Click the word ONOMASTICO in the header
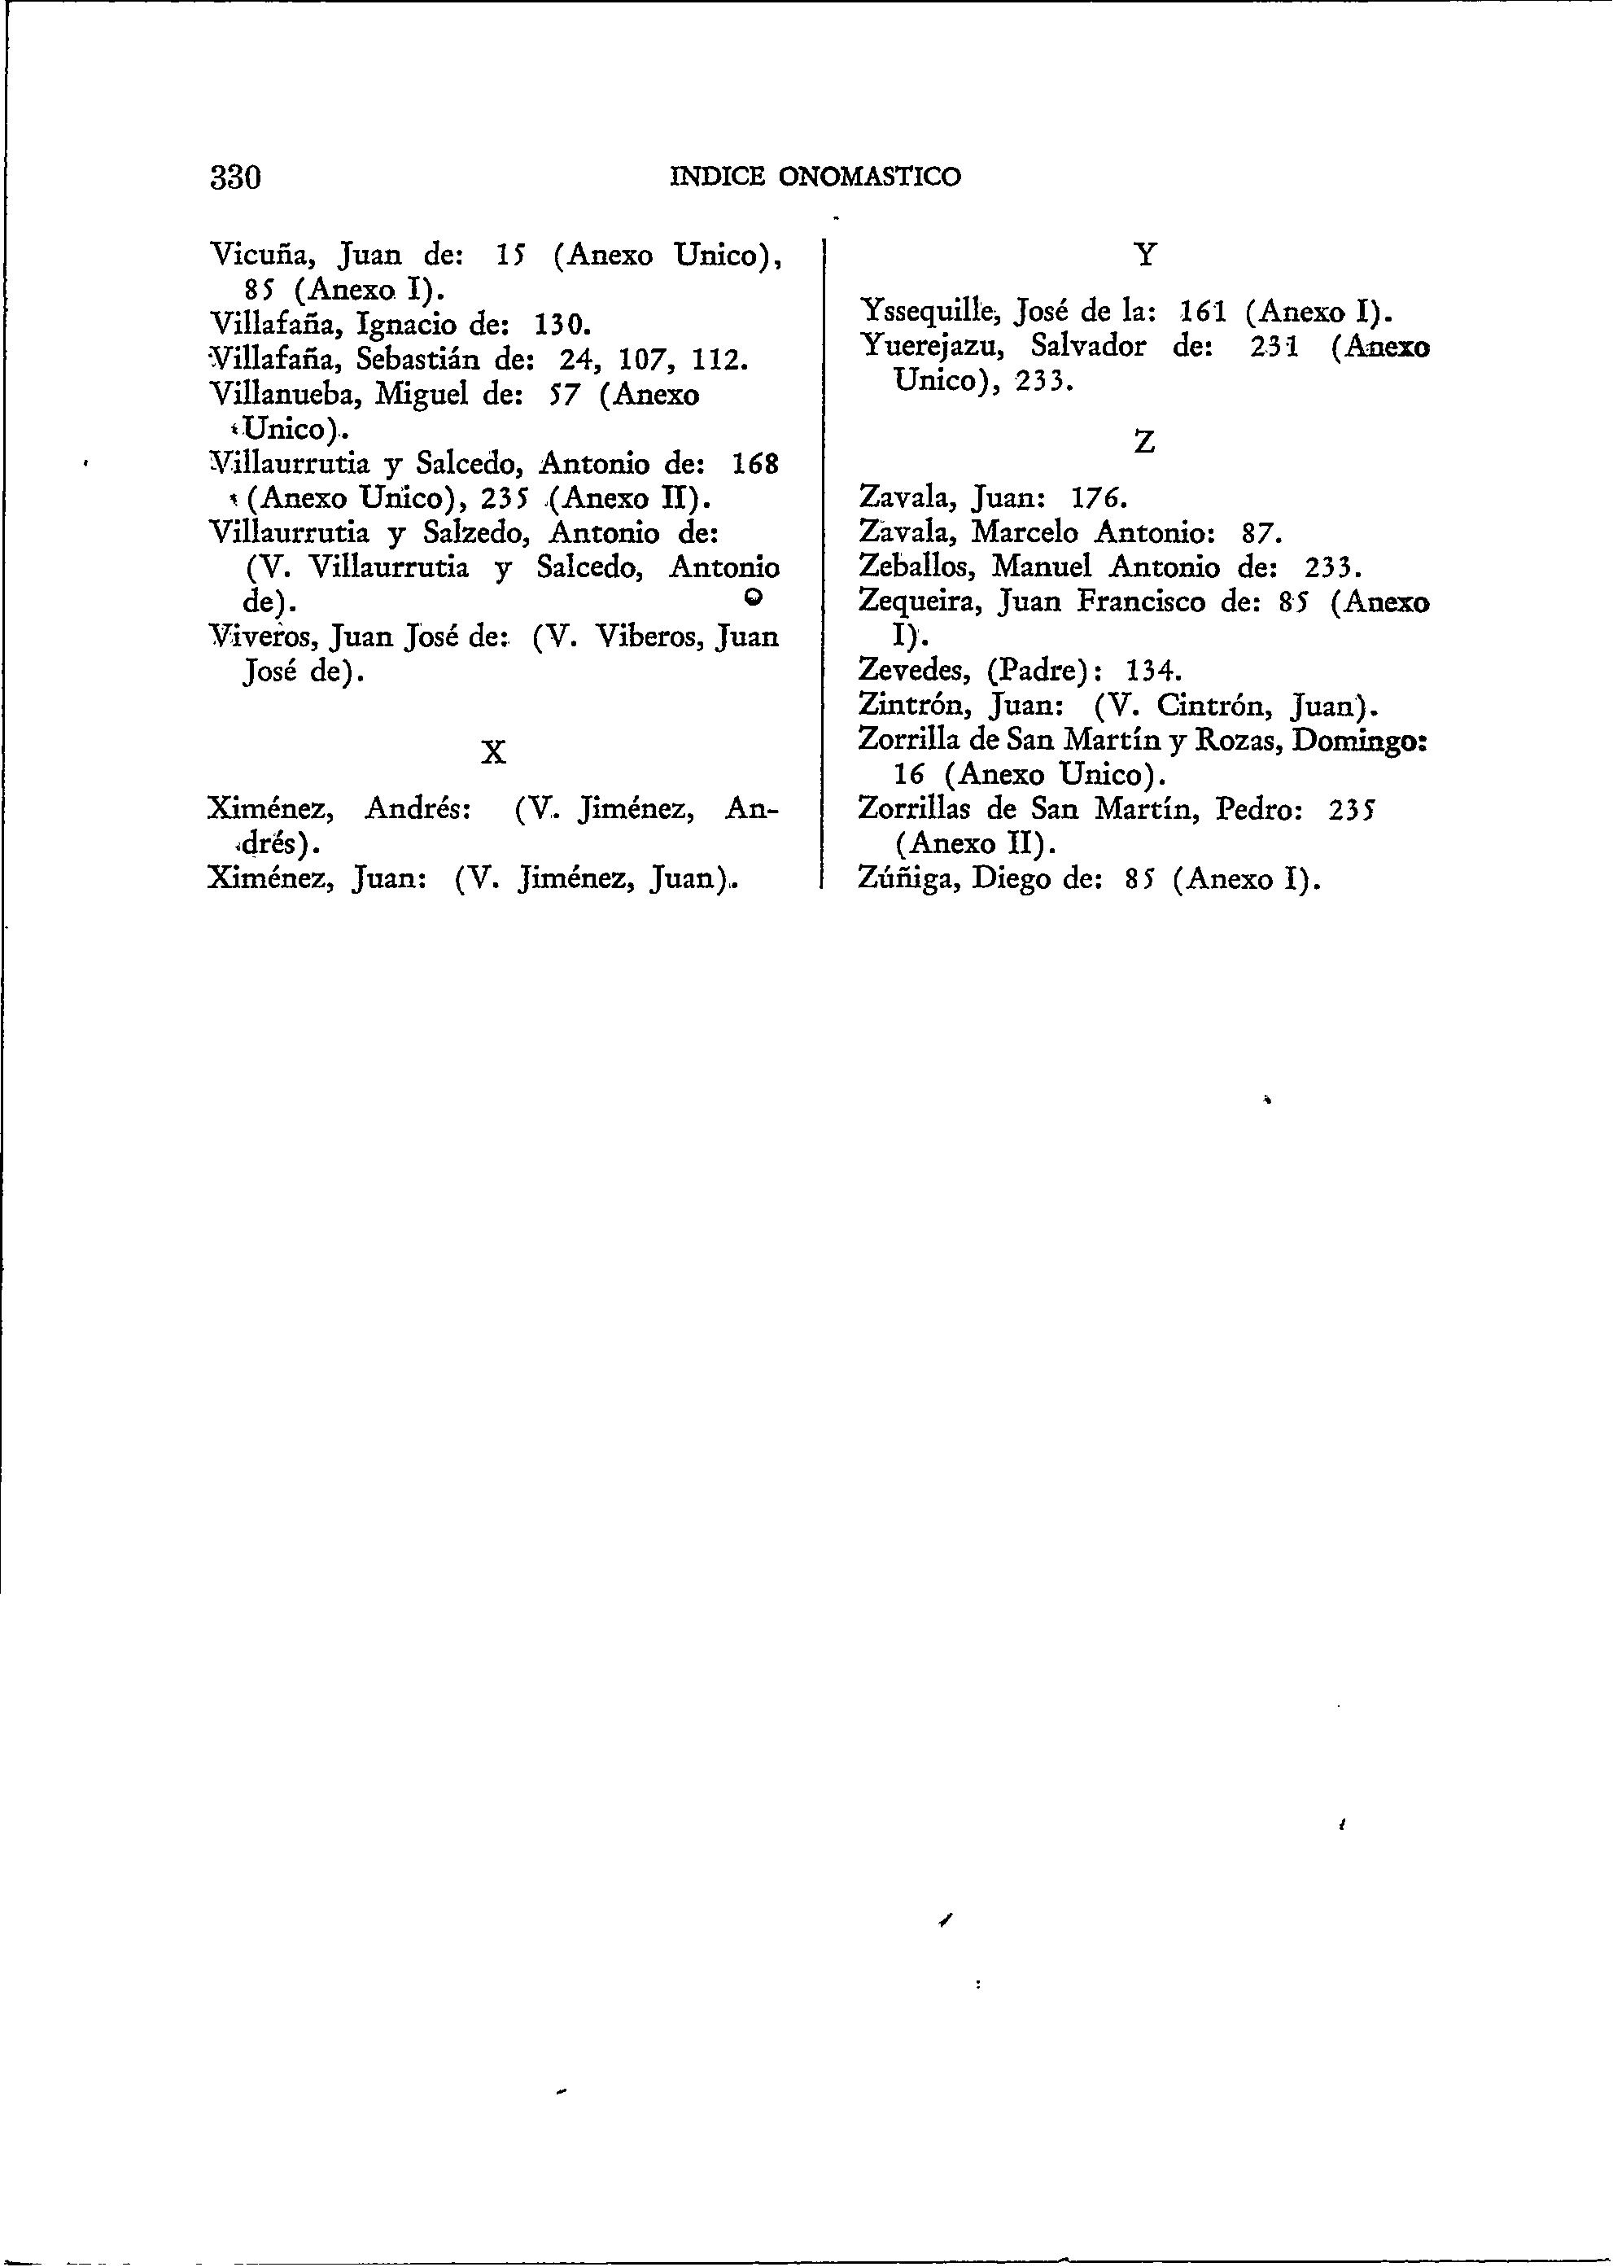[869, 177]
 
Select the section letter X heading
[492, 753]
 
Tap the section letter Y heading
[1145, 256]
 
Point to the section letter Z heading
[1144, 442]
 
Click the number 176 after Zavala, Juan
[1099, 497]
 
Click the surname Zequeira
[920, 602]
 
